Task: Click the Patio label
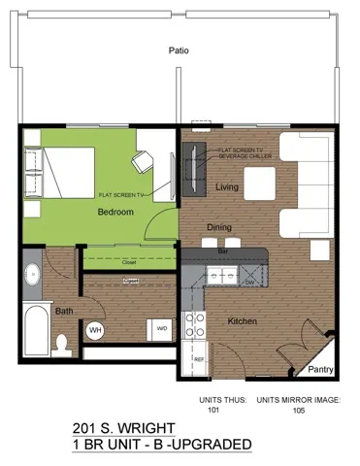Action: click(178, 50)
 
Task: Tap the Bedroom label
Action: click(115, 212)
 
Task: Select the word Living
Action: click(226, 187)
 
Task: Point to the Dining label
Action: click(218, 228)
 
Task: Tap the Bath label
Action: click(63, 312)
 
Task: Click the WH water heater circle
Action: click(95, 330)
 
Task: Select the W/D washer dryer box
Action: click(160, 329)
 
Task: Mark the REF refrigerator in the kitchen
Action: click(198, 357)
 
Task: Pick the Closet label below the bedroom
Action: click(128, 262)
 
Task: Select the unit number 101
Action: click(213, 410)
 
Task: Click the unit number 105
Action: click(297, 410)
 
